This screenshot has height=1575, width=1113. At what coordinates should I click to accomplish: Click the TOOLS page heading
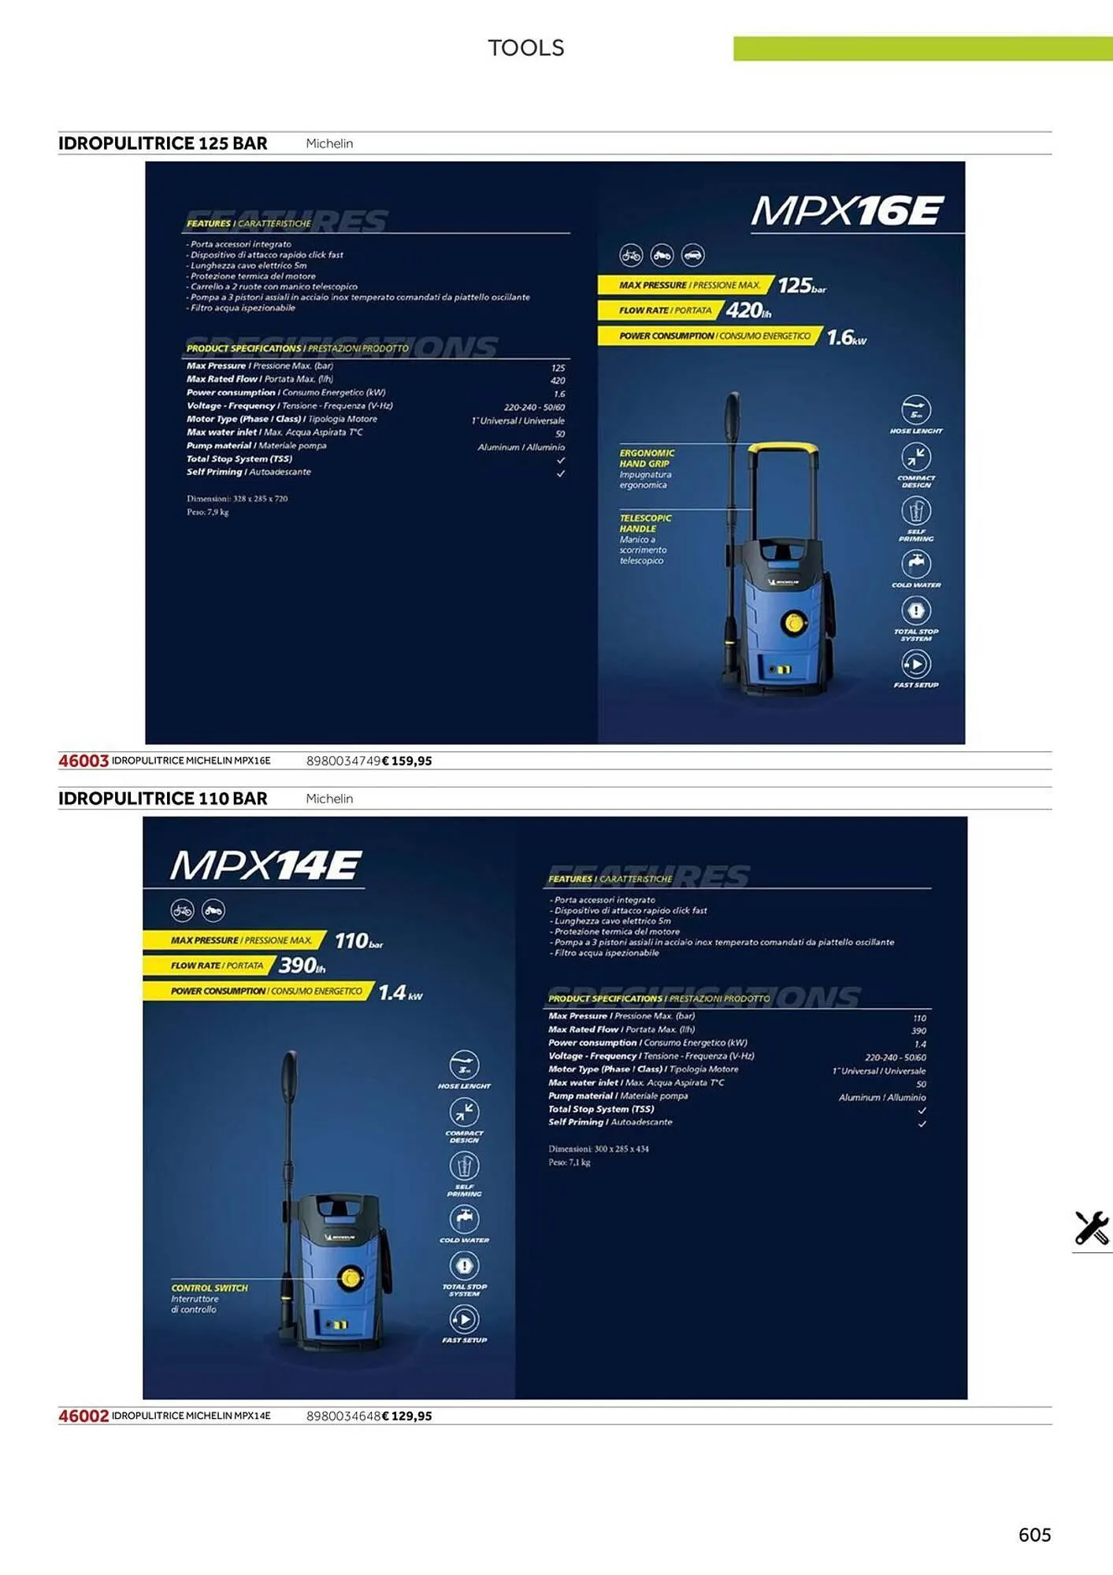click(525, 48)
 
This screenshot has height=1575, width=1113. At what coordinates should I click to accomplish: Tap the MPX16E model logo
click(847, 211)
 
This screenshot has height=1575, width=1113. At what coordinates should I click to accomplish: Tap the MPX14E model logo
click(265, 865)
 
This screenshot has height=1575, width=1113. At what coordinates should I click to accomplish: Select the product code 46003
click(83, 761)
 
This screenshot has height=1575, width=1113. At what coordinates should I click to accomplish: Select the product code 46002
click(83, 1416)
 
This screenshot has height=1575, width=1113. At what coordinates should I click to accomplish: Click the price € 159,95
click(407, 761)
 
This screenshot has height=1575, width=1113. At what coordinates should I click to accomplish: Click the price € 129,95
click(407, 1416)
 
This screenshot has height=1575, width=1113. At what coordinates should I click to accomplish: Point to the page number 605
click(1034, 1534)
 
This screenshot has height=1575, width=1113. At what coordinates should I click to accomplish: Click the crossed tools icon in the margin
click(1091, 1228)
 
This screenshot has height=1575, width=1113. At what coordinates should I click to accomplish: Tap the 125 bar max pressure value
click(800, 286)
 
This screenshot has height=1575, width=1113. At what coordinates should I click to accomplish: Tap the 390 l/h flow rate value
click(301, 965)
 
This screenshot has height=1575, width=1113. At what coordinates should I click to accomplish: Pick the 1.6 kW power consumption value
click(845, 338)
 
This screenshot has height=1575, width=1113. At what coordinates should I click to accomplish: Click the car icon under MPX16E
click(692, 255)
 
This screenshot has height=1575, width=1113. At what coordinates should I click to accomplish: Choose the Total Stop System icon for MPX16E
click(915, 610)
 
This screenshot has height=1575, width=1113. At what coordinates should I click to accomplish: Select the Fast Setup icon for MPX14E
click(464, 1319)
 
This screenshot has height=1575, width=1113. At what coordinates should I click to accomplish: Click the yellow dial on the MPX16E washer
click(794, 624)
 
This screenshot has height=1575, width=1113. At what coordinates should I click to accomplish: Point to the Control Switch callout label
click(209, 1288)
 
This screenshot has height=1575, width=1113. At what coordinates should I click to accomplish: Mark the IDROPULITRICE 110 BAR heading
click(162, 799)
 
